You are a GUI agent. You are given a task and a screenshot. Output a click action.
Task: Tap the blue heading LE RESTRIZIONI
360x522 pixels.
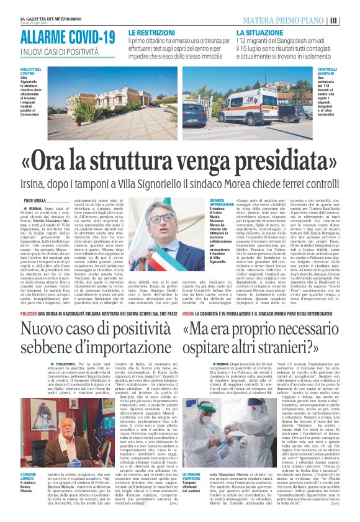point(151,31)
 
